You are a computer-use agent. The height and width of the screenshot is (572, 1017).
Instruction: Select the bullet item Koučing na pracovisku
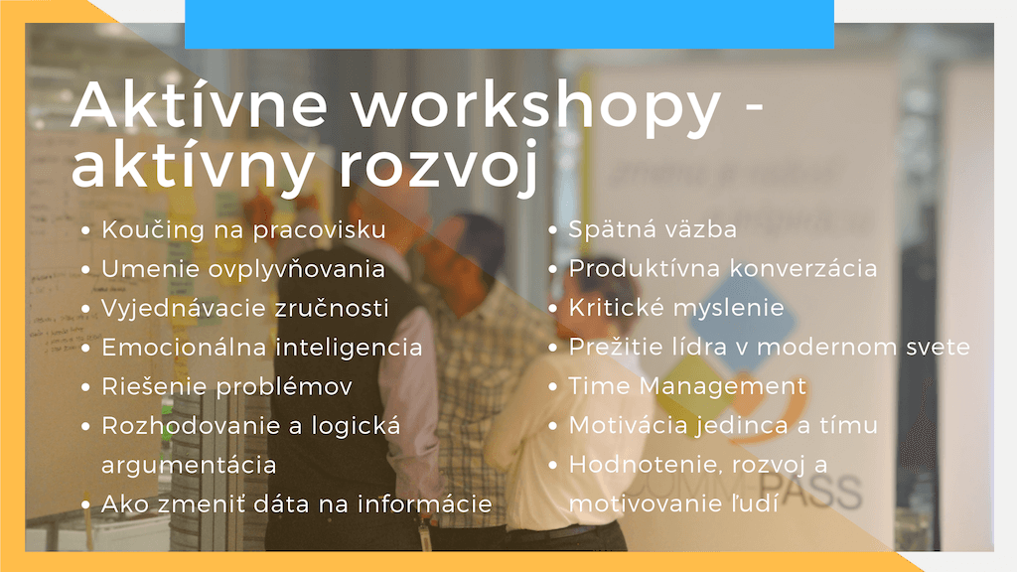[244, 229]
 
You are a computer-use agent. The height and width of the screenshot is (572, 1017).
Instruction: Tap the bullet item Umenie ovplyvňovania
[243, 269]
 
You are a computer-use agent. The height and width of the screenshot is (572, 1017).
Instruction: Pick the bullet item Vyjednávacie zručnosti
[245, 308]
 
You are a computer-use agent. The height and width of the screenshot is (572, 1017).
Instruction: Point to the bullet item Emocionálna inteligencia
[262, 348]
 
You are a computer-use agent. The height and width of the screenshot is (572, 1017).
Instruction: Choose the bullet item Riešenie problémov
[227, 386]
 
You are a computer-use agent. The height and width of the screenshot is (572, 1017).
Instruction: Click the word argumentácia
[189, 465]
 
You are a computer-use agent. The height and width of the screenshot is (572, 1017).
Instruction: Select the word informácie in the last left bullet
[425, 503]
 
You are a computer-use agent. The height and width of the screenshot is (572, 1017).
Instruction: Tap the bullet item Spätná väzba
[653, 229]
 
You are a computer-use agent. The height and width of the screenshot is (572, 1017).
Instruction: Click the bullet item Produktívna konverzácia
[723, 268]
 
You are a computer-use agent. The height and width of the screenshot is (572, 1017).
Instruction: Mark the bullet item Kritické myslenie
[676, 308]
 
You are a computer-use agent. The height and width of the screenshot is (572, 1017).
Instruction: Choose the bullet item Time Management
[687, 386]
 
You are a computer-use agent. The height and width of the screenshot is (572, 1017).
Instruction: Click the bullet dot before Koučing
[85, 230]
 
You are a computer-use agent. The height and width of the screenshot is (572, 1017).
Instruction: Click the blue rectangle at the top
[509, 24]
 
